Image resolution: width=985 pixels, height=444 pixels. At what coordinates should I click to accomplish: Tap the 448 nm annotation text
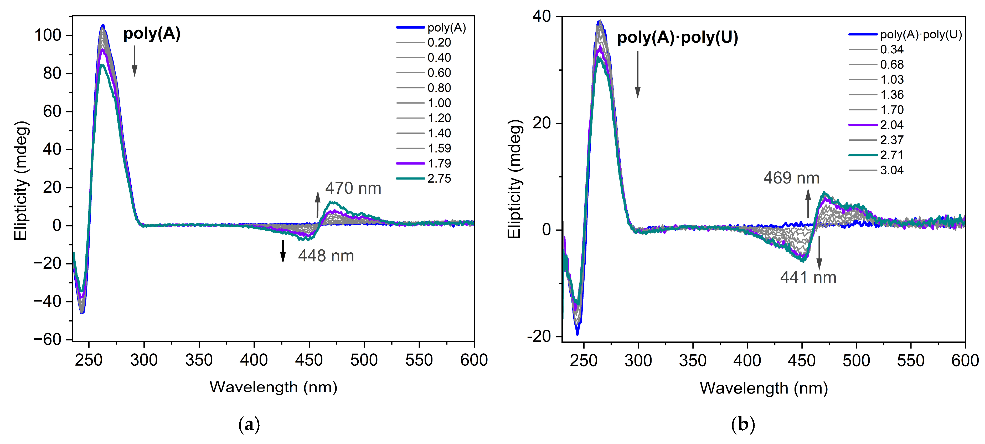click(x=326, y=256)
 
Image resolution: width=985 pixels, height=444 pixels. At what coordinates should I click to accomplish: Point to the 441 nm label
click(x=808, y=277)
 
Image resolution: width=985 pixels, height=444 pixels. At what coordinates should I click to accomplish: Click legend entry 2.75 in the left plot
click(x=439, y=178)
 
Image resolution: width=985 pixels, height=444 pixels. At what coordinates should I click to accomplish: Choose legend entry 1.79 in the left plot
click(x=439, y=163)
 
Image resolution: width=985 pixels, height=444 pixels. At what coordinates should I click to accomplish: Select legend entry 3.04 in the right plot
click(x=892, y=170)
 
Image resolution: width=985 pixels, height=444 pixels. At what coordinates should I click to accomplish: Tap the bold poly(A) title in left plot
click(x=152, y=34)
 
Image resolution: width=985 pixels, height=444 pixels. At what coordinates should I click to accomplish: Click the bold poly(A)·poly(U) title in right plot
click(x=678, y=38)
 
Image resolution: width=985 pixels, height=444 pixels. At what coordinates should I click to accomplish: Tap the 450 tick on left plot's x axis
click(x=309, y=360)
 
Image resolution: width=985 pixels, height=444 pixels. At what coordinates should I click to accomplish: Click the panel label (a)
click(x=249, y=425)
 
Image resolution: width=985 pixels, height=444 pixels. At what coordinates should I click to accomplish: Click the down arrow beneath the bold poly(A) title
click(x=134, y=61)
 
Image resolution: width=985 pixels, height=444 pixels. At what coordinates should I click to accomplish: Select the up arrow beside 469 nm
click(x=808, y=203)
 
